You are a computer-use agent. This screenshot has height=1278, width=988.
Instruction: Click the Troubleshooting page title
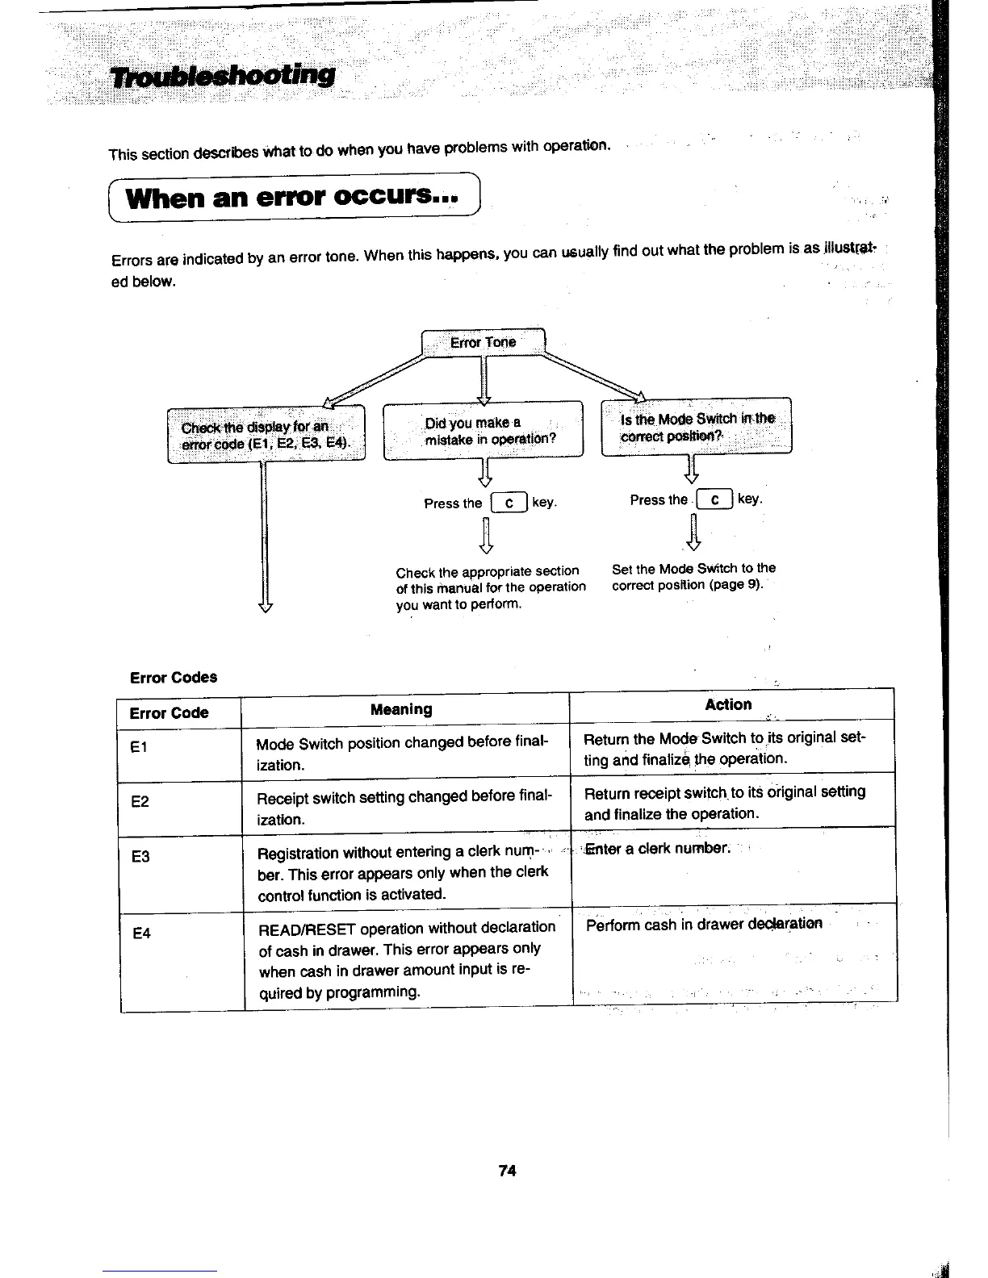(x=223, y=76)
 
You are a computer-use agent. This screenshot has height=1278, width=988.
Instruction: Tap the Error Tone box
(x=484, y=342)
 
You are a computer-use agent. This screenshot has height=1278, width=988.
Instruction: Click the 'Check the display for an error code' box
(x=266, y=435)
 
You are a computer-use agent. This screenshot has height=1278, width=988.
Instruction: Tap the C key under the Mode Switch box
(x=715, y=499)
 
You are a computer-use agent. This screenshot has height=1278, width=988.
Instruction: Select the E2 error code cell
(x=140, y=802)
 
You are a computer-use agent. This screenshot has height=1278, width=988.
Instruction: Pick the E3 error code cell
(x=140, y=857)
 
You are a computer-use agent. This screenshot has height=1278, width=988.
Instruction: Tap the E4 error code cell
(x=142, y=933)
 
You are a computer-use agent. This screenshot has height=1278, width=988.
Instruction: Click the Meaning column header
(x=401, y=709)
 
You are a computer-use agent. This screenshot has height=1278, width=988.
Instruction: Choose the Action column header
(x=727, y=704)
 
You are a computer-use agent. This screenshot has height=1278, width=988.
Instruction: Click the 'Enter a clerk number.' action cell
(x=657, y=849)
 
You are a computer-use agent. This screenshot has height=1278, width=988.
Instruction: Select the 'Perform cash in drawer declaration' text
(x=704, y=925)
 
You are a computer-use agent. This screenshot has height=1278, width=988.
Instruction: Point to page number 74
(x=507, y=1171)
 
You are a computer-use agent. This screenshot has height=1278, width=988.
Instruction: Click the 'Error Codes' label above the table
(x=174, y=677)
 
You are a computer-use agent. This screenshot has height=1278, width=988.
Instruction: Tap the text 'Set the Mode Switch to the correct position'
(x=693, y=576)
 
